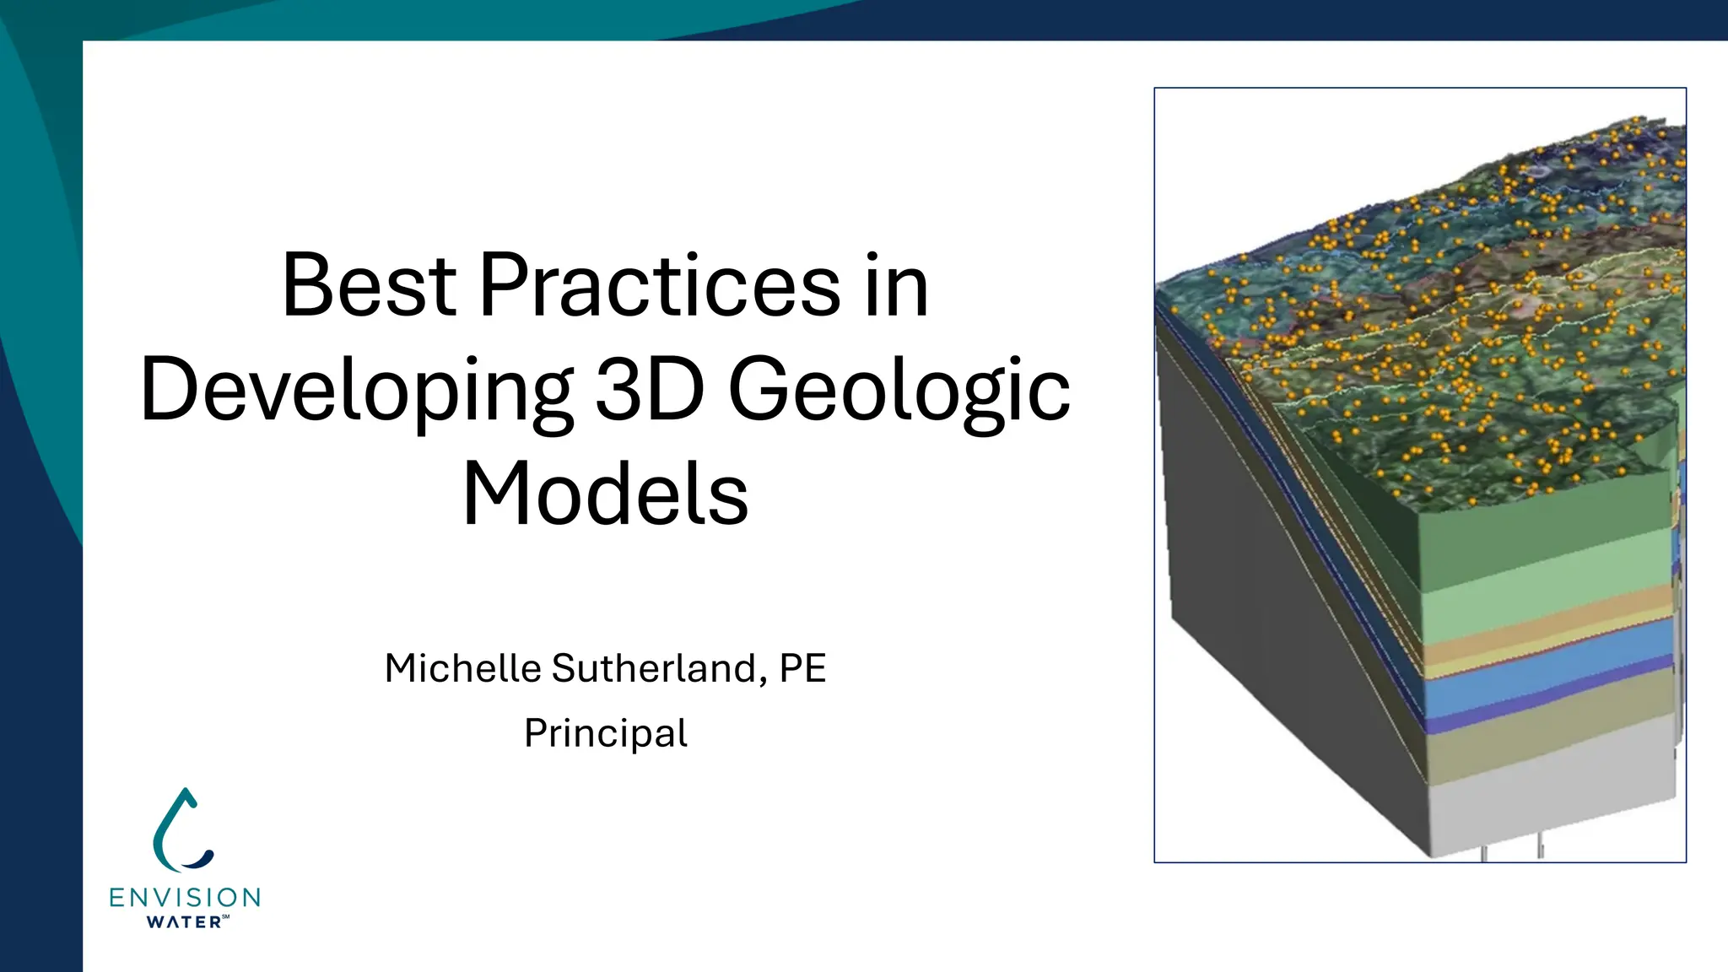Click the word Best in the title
tap(369, 286)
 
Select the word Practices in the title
tap(660, 286)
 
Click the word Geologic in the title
tap(899, 391)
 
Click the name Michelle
tap(462, 668)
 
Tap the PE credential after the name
tap(802, 668)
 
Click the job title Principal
tap(605, 733)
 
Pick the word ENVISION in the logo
tap(185, 897)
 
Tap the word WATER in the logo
tap(184, 922)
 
